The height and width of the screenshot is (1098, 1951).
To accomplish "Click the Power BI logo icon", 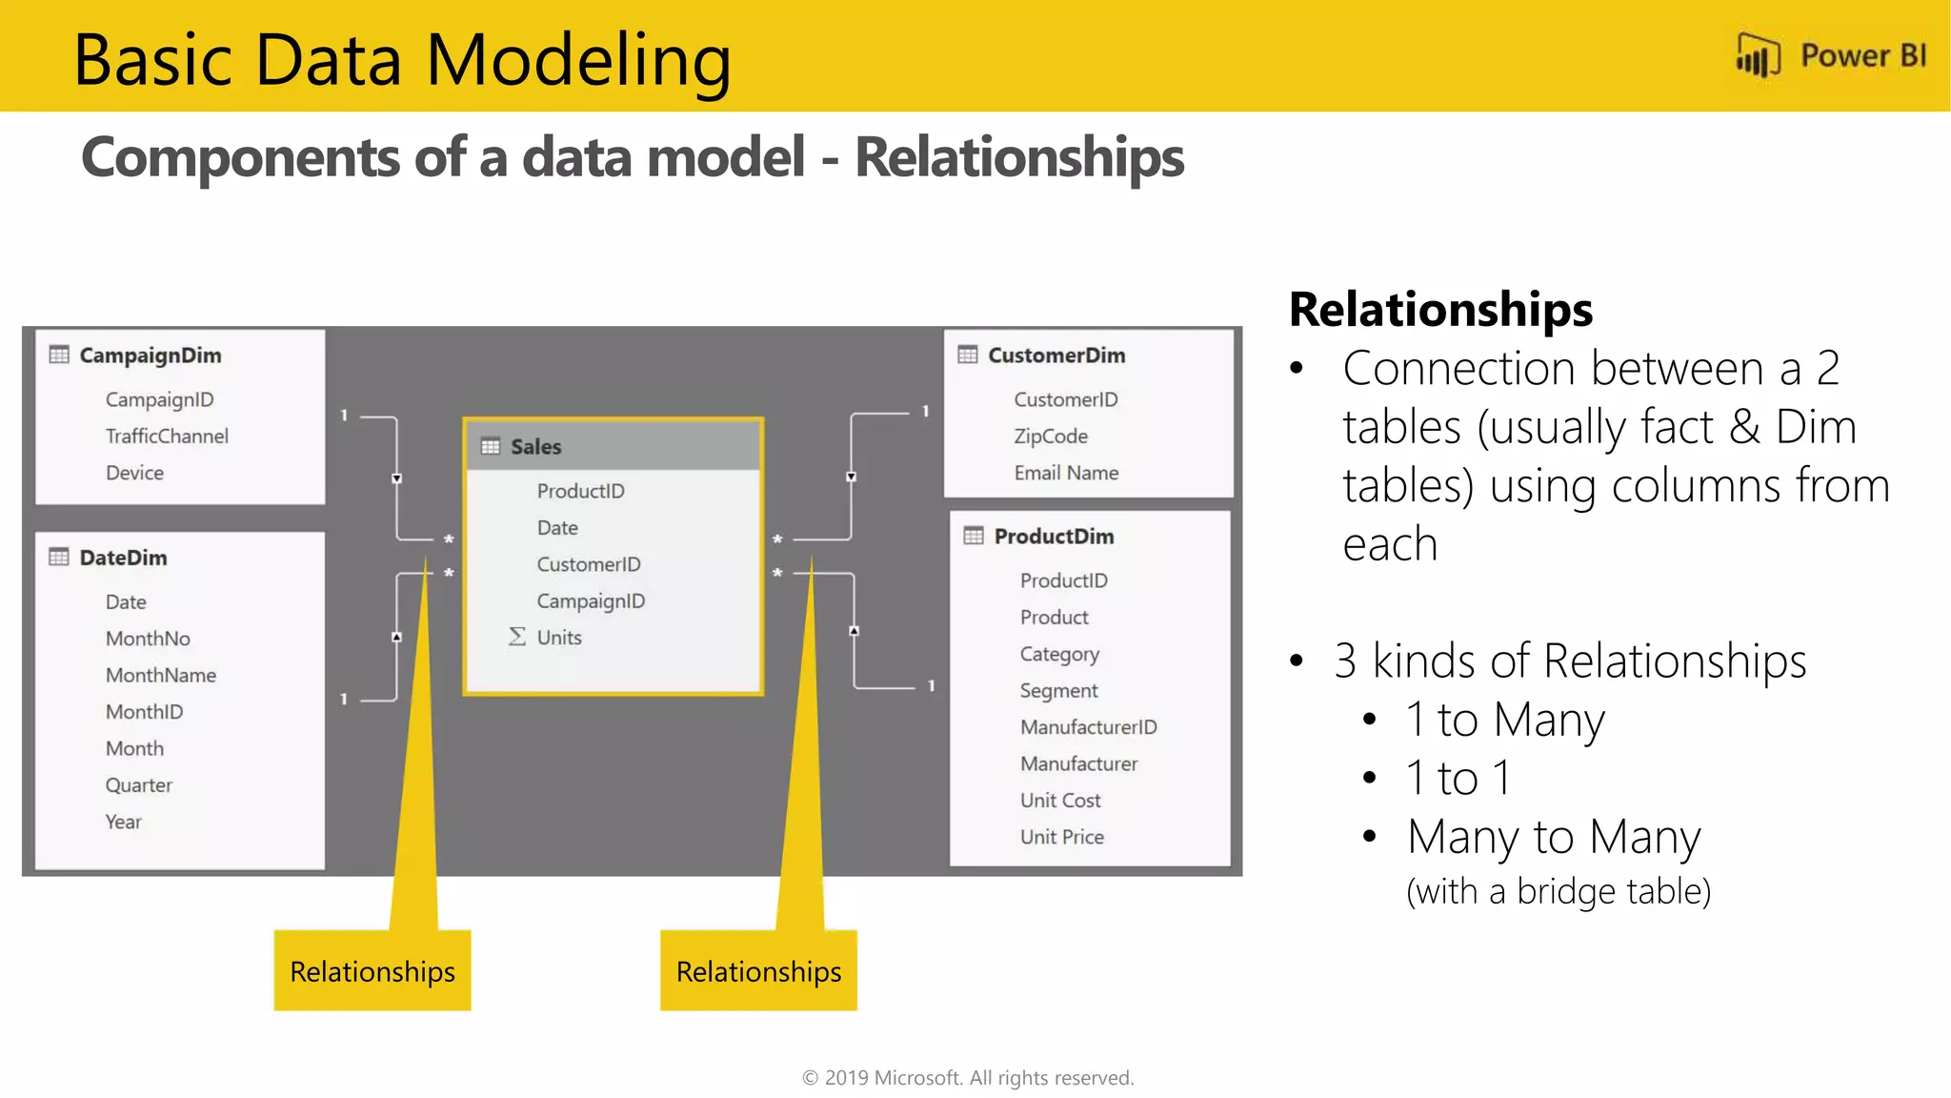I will [x=1758, y=55].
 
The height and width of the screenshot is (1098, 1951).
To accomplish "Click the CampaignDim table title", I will [x=150, y=356].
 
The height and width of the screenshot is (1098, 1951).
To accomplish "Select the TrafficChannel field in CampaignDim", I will [x=167, y=437].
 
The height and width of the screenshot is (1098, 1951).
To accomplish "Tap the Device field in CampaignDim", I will [x=134, y=473].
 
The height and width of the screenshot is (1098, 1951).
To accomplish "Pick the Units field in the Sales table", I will [x=559, y=638].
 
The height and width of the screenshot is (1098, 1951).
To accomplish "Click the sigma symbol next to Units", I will [x=516, y=637].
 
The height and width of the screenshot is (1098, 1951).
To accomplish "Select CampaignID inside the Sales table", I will [x=591, y=601].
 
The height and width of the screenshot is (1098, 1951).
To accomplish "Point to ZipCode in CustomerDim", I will [x=1051, y=437].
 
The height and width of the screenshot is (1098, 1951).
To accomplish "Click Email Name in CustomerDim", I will [x=1066, y=473].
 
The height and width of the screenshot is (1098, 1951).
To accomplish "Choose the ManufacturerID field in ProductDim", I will [x=1088, y=727].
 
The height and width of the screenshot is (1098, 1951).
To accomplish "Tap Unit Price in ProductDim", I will [x=1061, y=837].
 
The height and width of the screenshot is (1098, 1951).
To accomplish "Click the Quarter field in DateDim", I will [x=139, y=785].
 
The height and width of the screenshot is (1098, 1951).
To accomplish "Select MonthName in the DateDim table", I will [x=161, y=676].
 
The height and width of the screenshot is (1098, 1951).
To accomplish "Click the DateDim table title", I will [x=123, y=558].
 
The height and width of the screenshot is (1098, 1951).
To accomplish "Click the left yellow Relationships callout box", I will [x=372, y=971].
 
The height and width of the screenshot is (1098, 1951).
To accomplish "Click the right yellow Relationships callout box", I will [x=758, y=971].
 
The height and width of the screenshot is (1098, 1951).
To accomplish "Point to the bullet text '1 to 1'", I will [x=1458, y=778].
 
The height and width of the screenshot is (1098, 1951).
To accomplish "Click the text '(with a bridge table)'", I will [x=1559, y=892].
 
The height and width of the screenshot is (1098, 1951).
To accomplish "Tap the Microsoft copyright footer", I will [x=968, y=1078].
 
